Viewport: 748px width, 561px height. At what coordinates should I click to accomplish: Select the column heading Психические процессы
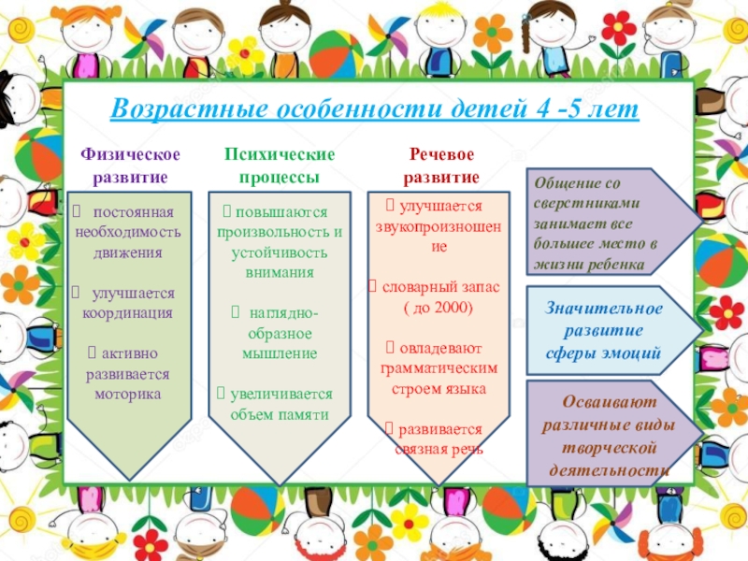click(279, 165)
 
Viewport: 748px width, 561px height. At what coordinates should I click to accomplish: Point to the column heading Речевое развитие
click(440, 165)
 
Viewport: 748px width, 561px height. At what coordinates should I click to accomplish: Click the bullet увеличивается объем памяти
click(278, 404)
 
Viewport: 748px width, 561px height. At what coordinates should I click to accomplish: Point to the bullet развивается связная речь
click(439, 439)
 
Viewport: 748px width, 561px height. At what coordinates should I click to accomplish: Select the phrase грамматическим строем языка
click(439, 379)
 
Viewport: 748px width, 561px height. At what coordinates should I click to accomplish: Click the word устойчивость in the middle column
click(279, 252)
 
